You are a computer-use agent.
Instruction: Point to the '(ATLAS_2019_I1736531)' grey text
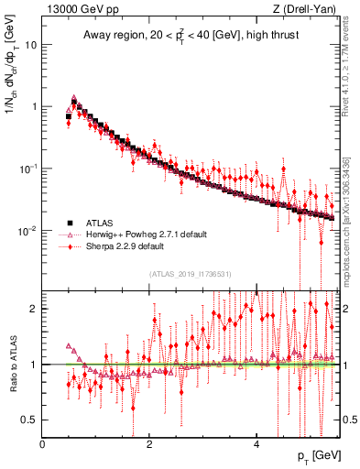(190, 274)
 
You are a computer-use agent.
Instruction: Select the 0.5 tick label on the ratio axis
(30, 420)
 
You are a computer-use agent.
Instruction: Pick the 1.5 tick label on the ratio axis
(30, 336)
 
